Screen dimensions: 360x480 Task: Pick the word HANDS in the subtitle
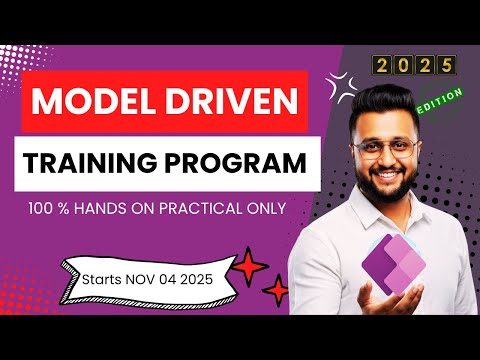pyautogui.click(x=131, y=212)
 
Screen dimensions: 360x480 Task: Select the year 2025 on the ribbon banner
pyautogui.click(x=200, y=271)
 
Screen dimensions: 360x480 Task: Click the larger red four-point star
pyautogui.click(x=247, y=267)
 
